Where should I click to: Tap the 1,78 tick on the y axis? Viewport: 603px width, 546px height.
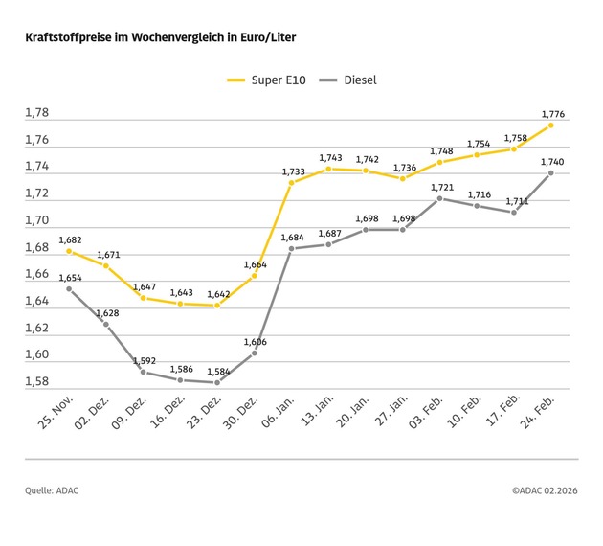[x=36, y=113]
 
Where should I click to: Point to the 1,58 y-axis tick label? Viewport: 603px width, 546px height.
[x=36, y=381]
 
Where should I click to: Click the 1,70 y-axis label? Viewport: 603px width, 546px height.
[x=36, y=220]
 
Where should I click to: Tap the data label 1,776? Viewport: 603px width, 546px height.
[x=552, y=114]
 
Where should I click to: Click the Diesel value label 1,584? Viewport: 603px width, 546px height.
[x=217, y=372]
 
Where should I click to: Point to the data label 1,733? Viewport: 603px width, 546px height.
[x=293, y=171]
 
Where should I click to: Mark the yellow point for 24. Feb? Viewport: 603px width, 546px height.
[x=551, y=125]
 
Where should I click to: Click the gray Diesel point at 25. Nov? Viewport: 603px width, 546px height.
[x=69, y=288]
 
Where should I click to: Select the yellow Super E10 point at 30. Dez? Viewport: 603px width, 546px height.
[x=255, y=276]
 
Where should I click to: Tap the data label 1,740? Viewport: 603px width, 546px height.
[x=552, y=162]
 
